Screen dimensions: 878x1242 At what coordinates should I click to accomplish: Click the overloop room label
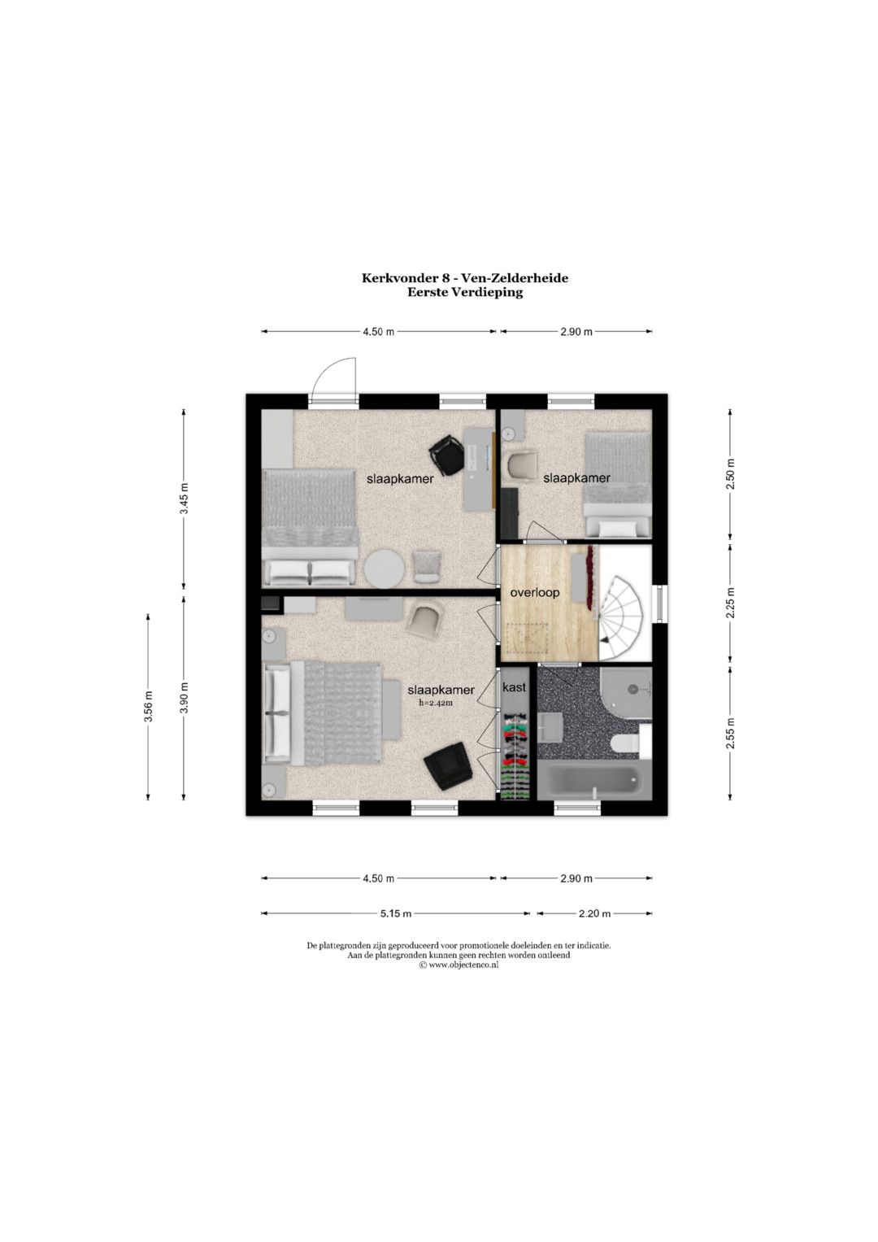tap(534, 593)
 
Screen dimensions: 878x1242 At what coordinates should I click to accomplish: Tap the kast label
tap(514, 687)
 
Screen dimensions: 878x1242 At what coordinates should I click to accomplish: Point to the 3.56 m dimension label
tap(148, 708)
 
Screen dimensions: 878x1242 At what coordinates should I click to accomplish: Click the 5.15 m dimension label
tap(396, 913)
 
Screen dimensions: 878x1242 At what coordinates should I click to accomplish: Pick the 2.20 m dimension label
tap(594, 913)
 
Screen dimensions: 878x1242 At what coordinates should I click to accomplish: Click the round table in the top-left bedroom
tap(383, 569)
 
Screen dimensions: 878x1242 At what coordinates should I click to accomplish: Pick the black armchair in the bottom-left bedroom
tap(448, 765)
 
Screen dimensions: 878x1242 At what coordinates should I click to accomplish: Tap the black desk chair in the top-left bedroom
tap(447, 455)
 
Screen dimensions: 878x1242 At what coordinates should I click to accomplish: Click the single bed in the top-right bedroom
tap(618, 485)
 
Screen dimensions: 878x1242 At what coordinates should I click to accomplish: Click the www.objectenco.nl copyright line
tap(459, 964)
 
